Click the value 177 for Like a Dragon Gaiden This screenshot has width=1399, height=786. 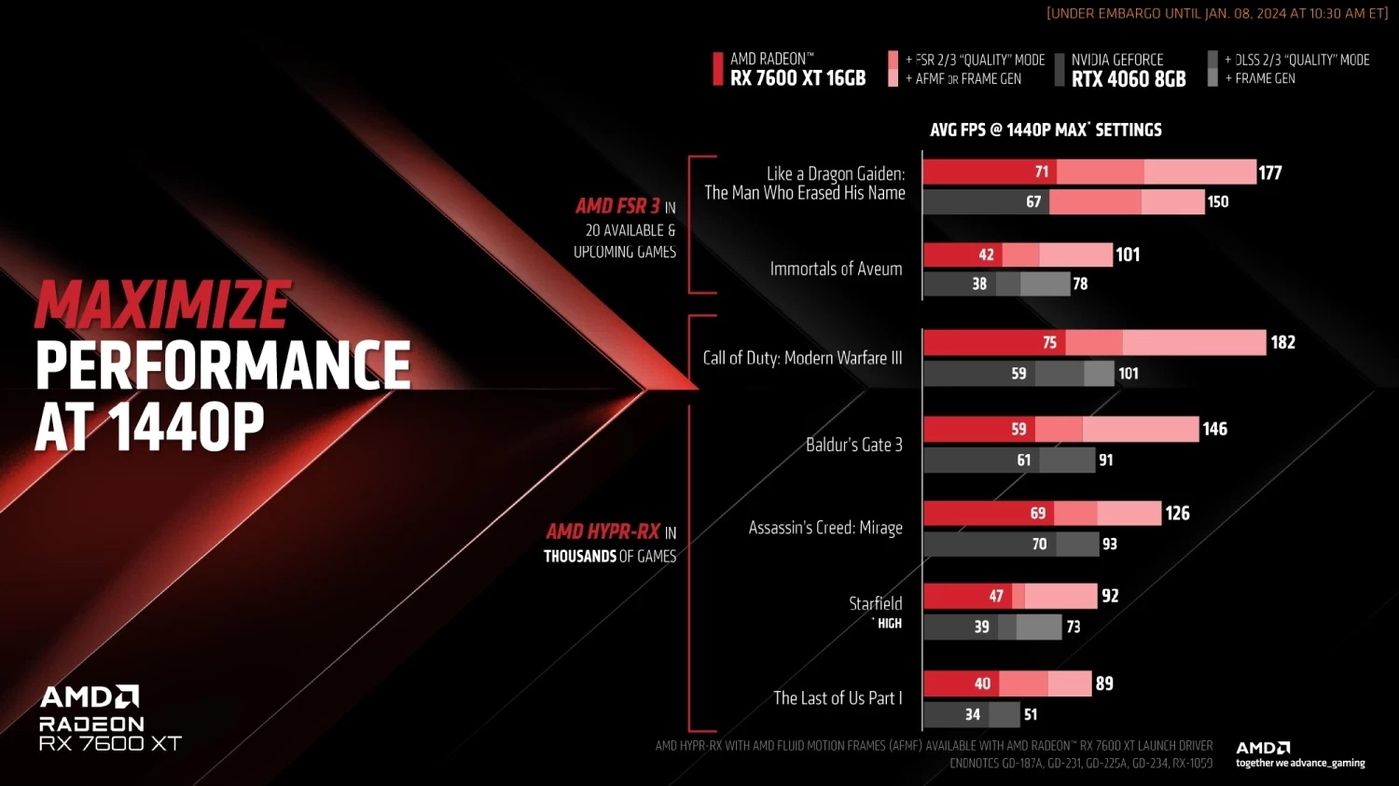(1269, 172)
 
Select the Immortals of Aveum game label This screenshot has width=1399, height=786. (836, 269)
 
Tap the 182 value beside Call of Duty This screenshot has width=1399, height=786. (1282, 342)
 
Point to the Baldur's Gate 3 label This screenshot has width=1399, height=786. (853, 445)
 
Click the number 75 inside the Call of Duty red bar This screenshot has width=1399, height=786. (1049, 342)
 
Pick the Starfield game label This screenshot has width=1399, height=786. (875, 603)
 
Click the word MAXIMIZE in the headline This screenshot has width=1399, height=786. (163, 305)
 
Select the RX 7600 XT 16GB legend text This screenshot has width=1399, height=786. (797, 78)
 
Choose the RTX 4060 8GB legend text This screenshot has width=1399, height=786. (1129, 79)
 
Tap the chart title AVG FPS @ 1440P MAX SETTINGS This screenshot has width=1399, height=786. (1046, 130)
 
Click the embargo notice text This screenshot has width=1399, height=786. (1217, 13)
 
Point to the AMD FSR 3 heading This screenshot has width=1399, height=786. (617, 206)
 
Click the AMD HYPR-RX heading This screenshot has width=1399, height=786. (603, 531)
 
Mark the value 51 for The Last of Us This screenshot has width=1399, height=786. (1030, 714)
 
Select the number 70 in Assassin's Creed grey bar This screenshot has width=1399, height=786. (1039, 544)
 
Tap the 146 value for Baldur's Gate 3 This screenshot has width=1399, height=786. (1214, 429)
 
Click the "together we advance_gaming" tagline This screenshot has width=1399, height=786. (1300, 763)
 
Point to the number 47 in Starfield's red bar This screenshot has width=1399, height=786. (996, 596)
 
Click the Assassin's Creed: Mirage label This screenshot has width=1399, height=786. (825, 528)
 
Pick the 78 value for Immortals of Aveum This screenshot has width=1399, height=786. (1080, 283)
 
